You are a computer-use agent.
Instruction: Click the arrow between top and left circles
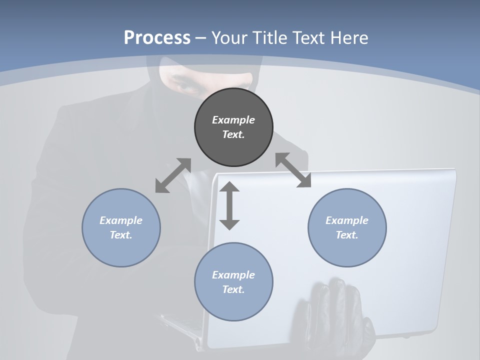[173, 175]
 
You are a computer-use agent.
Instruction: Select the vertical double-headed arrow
[229, 205]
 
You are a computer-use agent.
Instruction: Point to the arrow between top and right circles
[293, 170]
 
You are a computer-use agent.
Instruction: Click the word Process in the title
[157, 37]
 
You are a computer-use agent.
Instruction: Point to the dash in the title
[201, 38]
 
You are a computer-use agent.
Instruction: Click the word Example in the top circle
[233, 120]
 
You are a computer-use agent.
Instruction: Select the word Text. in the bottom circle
[233, 289]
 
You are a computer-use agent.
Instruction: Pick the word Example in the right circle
[347, 220]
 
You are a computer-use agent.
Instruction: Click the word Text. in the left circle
[121, 235]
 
